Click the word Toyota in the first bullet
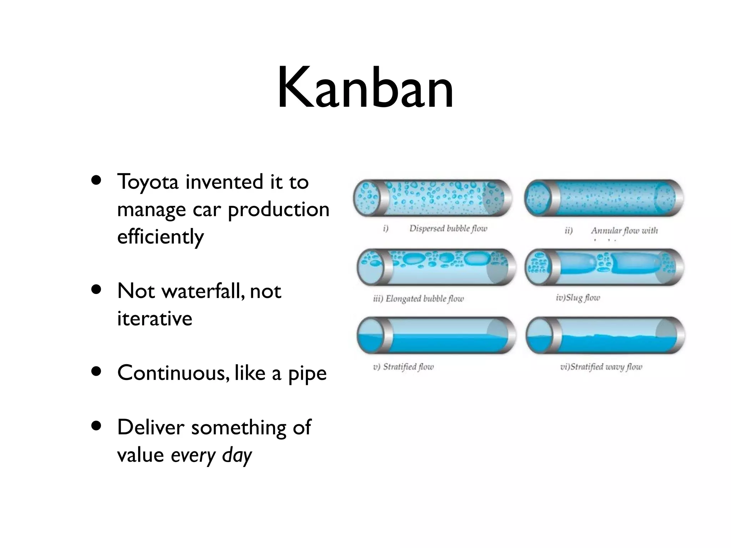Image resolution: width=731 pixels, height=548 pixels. pos(147,182)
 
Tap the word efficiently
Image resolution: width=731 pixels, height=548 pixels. pos(160,237)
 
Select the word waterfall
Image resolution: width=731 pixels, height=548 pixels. pos(203,291)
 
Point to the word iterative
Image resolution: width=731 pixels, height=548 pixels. pos(155,319)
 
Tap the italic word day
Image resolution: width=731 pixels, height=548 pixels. pos(237,456)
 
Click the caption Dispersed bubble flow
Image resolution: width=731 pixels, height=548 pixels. pos(448,228)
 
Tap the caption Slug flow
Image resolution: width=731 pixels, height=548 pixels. pos(578,298)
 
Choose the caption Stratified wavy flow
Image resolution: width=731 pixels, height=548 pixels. pos(601,367)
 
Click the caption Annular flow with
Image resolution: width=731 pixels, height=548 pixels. pos(624,230)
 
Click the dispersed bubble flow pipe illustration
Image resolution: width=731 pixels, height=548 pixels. pos(433,198)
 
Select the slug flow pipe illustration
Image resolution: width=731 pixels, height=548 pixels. pos(605,267)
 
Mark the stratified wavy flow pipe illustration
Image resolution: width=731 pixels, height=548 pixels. pos(605,335)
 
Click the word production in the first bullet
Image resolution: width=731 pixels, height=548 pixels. pos(278,210)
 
